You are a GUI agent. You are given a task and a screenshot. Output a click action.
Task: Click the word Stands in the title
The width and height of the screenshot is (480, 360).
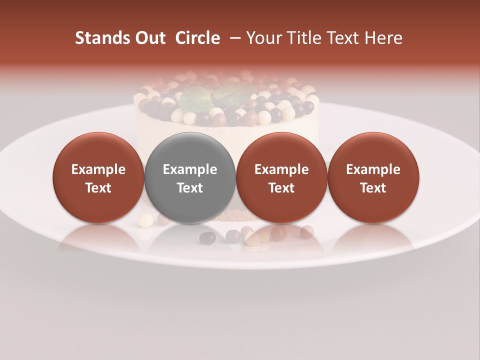(102, 38)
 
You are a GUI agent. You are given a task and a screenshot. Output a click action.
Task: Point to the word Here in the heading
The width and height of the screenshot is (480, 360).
(382, 38)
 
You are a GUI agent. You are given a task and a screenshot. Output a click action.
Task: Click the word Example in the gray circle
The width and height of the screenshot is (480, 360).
(190, 169)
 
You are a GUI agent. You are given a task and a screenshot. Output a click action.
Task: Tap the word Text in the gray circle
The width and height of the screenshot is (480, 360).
(190, 188)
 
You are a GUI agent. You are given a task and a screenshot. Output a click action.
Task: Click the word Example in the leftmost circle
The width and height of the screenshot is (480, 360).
(98, 169)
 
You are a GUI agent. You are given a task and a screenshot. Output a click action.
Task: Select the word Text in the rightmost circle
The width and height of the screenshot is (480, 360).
(373, 188)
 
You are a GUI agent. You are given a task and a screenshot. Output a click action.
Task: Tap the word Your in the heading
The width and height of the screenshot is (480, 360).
(263, 38)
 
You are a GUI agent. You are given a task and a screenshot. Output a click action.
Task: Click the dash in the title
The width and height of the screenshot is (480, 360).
(233, 38)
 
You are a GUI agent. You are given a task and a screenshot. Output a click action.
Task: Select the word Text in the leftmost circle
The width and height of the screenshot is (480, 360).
(98, 188)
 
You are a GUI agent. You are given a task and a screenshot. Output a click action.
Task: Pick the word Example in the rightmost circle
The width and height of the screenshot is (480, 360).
(373, 169)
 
